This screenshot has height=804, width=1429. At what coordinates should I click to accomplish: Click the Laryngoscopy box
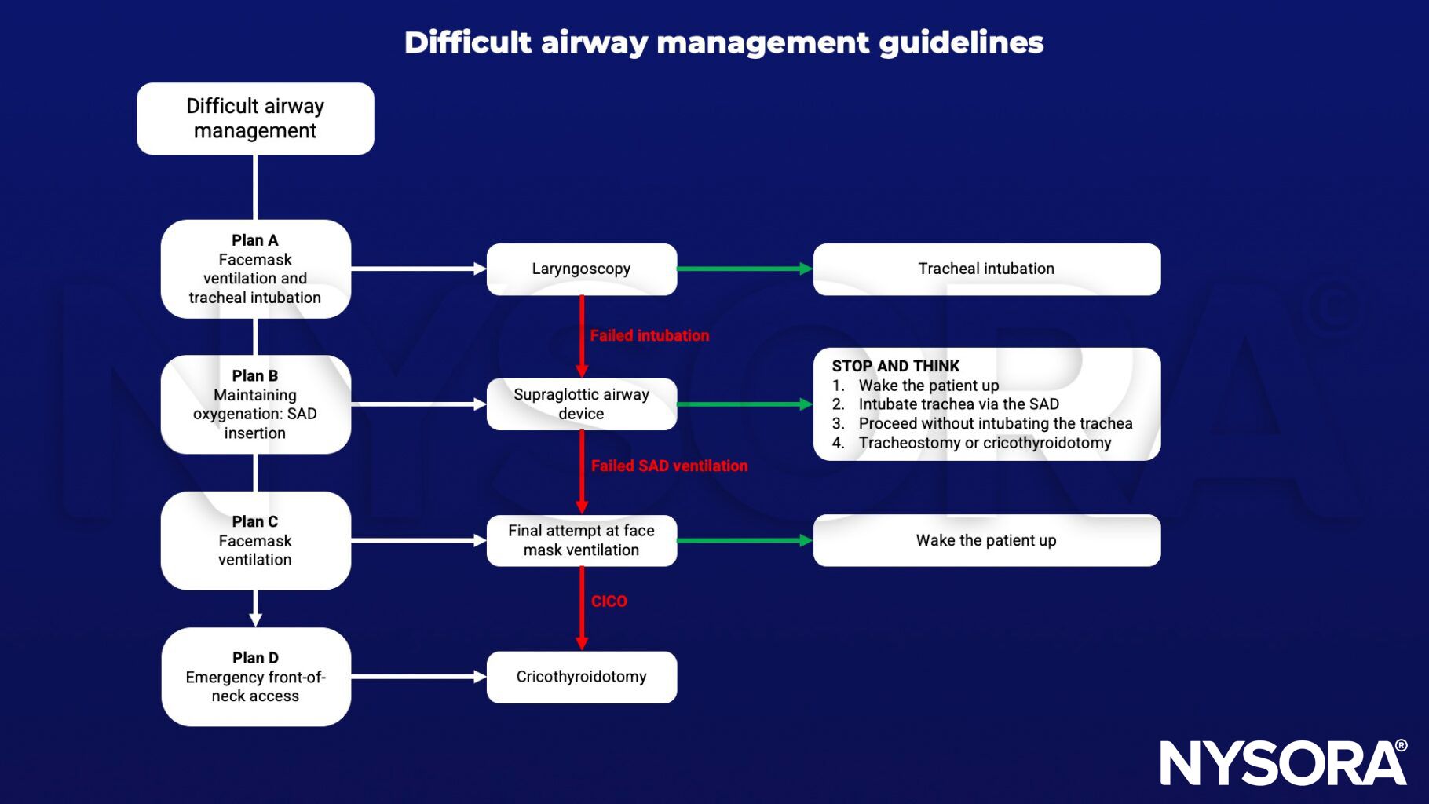click(x=581, y=269)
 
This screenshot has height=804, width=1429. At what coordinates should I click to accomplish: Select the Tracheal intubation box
click(x=986, y=269)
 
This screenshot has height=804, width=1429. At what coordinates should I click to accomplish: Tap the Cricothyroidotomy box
click(x=581, y=677)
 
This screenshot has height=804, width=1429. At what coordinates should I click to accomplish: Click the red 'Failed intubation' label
click(x=649, y=335)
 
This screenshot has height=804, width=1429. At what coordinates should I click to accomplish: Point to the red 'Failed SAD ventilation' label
click(x=669, y=466)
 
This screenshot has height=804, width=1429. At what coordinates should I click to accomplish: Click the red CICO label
click(x=609, y=601)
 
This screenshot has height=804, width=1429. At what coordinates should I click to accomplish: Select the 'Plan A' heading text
click(x=255, y=240)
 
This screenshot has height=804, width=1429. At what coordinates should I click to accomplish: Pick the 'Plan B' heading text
click(x=255, y=376)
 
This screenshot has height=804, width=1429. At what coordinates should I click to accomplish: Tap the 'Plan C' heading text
click(x=255, y=522)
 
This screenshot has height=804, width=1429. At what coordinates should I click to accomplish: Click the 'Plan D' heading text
click(x=255, y=658)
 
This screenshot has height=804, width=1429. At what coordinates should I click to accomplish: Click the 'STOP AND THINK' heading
click(x=896, y=366)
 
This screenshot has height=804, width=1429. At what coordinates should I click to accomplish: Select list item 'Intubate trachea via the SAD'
click(x=959, y=404)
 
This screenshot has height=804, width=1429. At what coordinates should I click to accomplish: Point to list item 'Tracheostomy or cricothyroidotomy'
click(x=985, y=443)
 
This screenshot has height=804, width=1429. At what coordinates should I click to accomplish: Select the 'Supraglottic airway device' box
click(x=581, y=404)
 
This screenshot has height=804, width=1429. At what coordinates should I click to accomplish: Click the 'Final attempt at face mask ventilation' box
click(x=581, y=540)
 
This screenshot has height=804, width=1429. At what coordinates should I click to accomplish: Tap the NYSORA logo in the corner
click(x=1283, y=762)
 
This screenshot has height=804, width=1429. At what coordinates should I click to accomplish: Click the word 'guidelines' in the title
click(x=961, y=42)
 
